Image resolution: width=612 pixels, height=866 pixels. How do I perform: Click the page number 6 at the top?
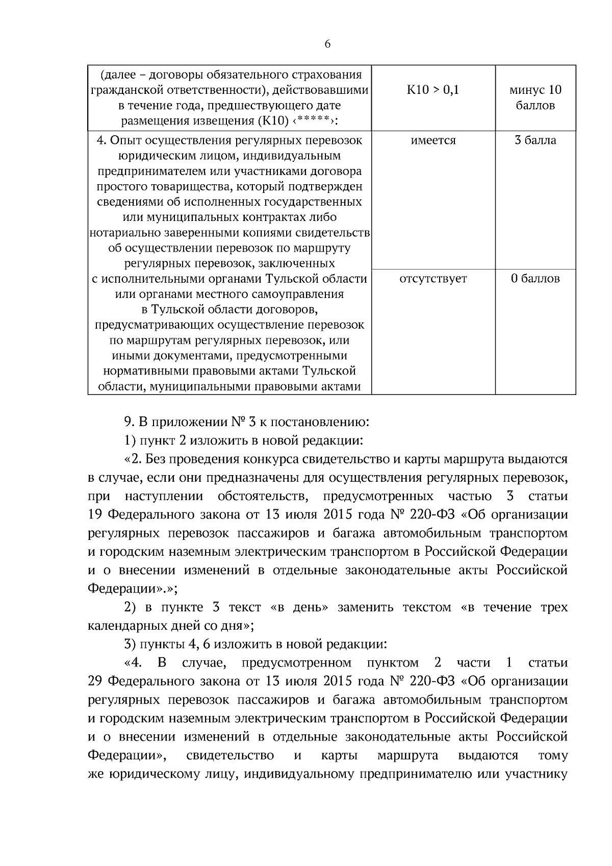pos(327,44)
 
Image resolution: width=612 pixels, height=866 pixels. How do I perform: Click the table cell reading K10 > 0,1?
pos(433,90)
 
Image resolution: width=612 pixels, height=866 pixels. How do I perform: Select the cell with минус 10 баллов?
pos(535,98)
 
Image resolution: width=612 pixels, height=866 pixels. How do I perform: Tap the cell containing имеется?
pos(433,140)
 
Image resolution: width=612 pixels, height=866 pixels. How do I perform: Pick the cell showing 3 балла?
pos(535,140)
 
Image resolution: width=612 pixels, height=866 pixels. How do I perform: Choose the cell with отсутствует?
pos(433,279)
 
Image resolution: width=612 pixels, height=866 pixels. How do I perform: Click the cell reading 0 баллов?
pos(535,279)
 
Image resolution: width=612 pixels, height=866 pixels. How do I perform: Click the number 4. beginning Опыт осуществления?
pos(101,140)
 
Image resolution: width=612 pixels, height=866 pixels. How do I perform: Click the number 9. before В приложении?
pos(129,423)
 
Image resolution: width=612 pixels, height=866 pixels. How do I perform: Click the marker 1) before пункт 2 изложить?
pos(130,440)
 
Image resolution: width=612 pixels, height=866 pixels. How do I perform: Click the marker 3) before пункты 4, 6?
pos(130,644)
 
